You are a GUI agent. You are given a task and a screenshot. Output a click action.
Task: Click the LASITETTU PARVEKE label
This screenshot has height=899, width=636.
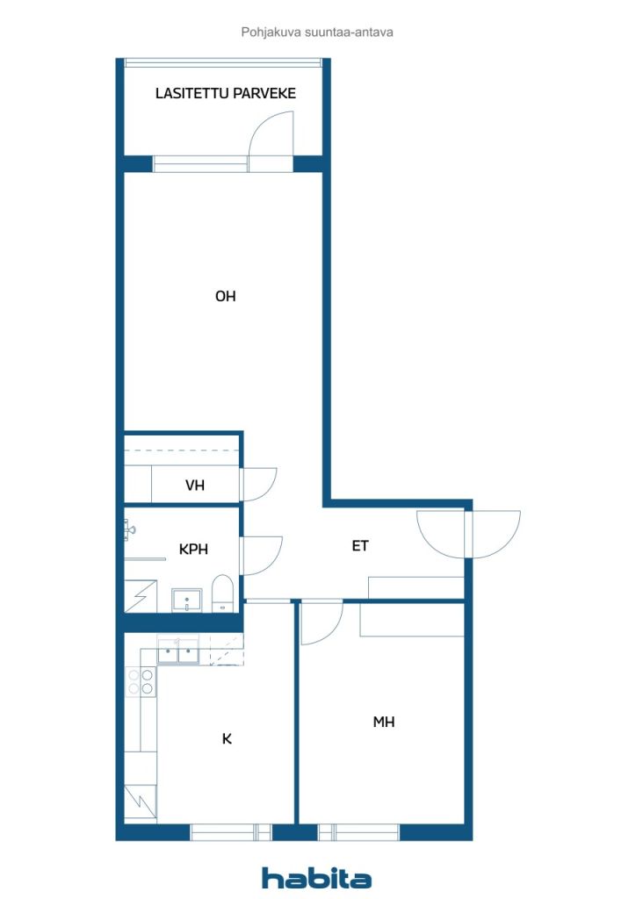coord(226,93)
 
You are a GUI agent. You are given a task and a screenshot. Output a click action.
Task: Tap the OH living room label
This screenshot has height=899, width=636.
coord(226,297)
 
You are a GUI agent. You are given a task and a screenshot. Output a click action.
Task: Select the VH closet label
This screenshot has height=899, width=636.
coord(195,485)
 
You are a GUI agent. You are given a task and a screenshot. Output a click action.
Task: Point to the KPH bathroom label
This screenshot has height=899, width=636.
coord(193,550)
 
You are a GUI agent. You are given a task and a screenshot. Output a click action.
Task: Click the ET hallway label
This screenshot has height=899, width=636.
coord(360,546)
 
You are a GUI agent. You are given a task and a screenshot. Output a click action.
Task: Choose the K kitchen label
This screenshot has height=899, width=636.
coord(227,739)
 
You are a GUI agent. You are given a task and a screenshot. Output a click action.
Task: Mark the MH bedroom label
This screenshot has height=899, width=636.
coord(384,723)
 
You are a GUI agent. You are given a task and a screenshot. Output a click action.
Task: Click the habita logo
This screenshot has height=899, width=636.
coord(316,878)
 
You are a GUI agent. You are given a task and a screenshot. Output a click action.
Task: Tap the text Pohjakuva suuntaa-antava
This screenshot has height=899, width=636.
coord(317,32)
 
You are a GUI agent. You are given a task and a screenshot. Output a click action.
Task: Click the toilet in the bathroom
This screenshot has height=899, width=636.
coord(223,593)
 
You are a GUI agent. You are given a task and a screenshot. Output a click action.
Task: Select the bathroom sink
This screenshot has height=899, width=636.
coord(186,600)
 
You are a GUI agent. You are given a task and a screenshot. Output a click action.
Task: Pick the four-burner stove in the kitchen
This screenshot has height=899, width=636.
coord(141,682)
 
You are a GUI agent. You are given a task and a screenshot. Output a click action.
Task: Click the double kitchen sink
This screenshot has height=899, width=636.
coord(178,652)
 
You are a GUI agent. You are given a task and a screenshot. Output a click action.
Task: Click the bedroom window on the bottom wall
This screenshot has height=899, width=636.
coord(359,831)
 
